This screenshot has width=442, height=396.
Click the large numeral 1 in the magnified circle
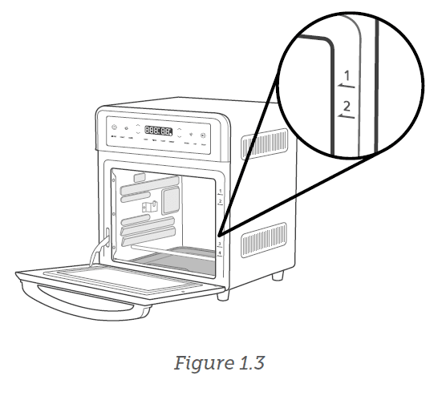click(347, 78)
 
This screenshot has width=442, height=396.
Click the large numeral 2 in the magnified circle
click(347, 106)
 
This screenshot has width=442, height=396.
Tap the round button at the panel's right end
click(203, 135)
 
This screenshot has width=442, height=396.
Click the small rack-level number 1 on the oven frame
click(220, 192)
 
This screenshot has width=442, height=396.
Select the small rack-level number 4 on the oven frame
click(220, 253)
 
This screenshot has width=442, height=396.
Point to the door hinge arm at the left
click(100, 244)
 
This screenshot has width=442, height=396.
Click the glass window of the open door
click(120, 274)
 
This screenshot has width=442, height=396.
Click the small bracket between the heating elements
click(147, 207)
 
